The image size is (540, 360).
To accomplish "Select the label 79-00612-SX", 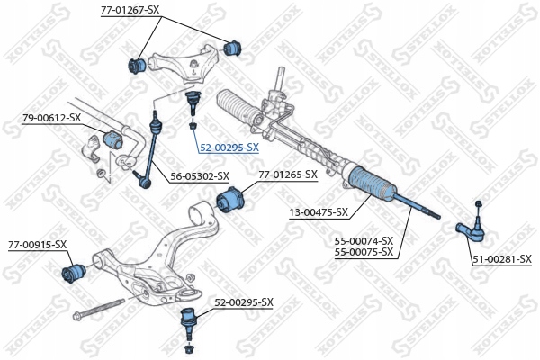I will coord(51,117).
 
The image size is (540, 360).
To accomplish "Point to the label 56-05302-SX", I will coord(199,176).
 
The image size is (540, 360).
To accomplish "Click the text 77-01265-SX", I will coord(288,175).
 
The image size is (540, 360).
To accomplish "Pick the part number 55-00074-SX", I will coord(364,240).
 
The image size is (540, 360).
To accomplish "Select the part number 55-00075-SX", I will coord(364,252).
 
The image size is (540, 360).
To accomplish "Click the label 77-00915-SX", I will coord(38,244).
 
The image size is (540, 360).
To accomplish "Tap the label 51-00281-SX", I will coord(502,259).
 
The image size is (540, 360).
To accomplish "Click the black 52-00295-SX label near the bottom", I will coord(242,301).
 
